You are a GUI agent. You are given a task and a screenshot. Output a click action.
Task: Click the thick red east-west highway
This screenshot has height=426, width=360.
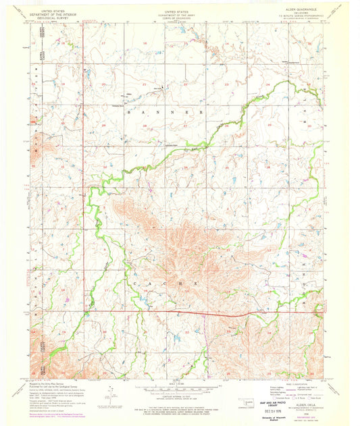(203, 313)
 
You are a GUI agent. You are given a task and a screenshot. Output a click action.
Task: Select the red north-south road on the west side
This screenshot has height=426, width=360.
(83, 203)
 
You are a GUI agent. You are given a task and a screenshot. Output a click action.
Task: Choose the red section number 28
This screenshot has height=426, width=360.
(144, 126)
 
